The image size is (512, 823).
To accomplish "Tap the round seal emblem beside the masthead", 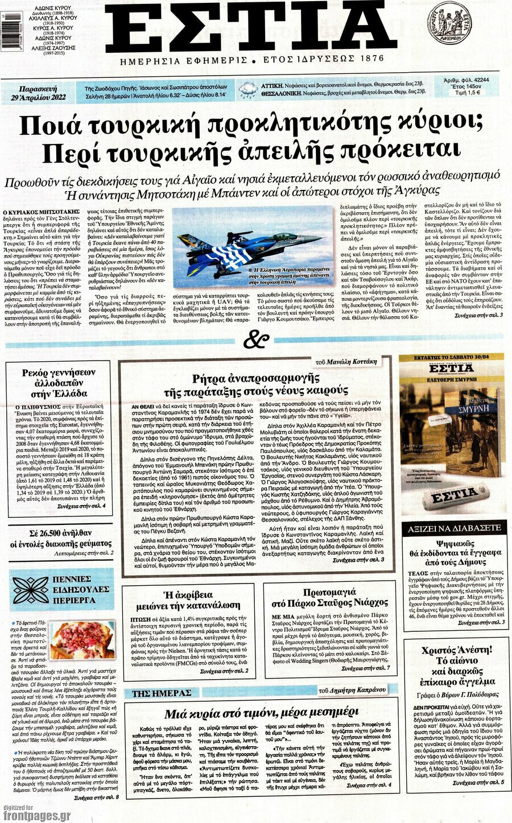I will [x=449, y=23].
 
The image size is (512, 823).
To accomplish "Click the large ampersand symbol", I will [x=255, y=340].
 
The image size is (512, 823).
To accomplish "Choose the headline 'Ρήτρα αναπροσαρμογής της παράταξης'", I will [x=254, y=384].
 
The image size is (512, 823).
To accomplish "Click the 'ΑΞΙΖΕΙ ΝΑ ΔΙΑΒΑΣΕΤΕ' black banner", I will [x=454, y=528].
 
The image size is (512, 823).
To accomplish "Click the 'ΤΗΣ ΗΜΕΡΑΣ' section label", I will [x=162, y=693].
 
